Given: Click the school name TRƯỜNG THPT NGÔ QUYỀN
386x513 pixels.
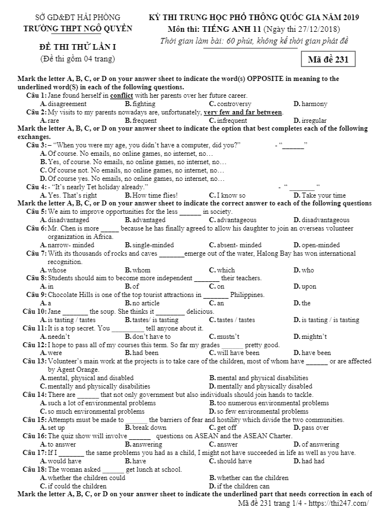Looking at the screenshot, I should pyautogui.click(x=72, y=28).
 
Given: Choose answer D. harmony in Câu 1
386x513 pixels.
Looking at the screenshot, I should pyautogui.click(x=310, y=104).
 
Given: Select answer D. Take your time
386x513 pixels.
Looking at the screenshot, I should pyautogui.click(x=319, y=195).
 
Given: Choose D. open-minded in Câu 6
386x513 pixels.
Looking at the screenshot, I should pyautogui.click(x=316, y=244).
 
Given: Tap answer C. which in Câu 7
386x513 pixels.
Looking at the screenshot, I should pyautogui.click(x=222, y=270).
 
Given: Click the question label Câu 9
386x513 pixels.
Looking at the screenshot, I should pyautogui.click(x=36, y=295).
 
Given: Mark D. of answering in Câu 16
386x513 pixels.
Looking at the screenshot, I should pyautogui.click(x=316, y=444).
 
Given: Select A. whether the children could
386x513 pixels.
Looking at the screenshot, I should pyautogui.click(x=83, y=478).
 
